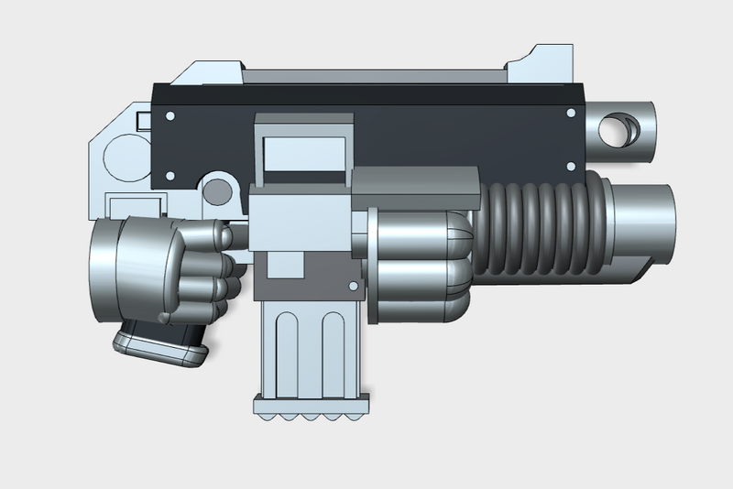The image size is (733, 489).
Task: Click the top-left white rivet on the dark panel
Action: tap(170, 114)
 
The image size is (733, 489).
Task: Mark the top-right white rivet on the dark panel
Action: tap(571, 114)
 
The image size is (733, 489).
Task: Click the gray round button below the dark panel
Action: tap(218, 190)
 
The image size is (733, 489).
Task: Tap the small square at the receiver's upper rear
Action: tap(143, 119)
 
